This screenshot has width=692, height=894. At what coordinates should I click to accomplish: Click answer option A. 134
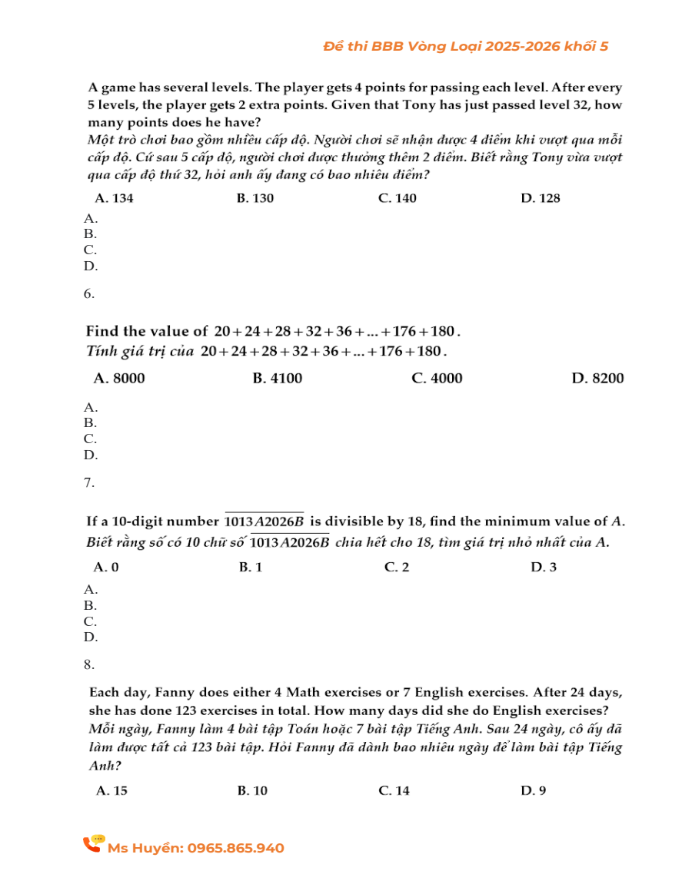(114, 198)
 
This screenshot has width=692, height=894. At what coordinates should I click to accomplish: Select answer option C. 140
(398, 198)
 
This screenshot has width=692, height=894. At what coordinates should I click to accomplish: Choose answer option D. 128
(540, 198)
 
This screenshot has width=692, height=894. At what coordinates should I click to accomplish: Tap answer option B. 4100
(277, 378)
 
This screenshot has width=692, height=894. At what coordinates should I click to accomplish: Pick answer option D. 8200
(597, 378)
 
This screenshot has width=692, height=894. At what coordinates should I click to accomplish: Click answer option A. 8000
(118, 378)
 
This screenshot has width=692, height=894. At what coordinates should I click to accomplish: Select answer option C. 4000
(437, 378)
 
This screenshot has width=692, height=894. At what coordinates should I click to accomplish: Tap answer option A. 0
(106, 568)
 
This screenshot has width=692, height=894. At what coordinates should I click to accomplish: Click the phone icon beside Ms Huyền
(93, 844)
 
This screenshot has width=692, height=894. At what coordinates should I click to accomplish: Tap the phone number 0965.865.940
(235, 848)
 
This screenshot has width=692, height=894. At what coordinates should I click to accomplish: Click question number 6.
(89, 293)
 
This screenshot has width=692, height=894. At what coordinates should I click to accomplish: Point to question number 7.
(89, 482)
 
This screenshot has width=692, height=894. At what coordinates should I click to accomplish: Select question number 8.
(89, 664)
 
